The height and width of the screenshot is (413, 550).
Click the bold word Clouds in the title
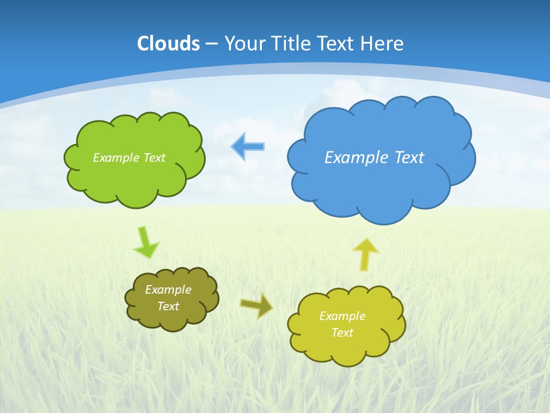(168, 44)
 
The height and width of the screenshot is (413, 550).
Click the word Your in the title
(245, 44)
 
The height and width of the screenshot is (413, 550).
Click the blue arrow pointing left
(247, 146)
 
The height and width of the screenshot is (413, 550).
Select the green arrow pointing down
(146, 243)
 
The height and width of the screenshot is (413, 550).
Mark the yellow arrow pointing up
(365, 254)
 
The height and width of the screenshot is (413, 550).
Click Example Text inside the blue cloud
(374, 157)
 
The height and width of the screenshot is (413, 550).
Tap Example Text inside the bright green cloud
(129, 157)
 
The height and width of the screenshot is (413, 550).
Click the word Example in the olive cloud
(168, 290)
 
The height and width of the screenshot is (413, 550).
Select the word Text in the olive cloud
(168, 306)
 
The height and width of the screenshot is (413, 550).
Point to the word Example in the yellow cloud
(342, 316)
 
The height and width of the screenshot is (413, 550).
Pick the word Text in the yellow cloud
(342, 333)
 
